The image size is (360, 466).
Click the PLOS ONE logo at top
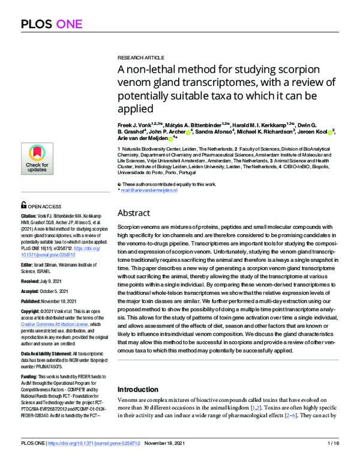point(52,25)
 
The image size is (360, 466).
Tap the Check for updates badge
point(37,159)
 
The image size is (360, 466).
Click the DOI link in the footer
point(103,459)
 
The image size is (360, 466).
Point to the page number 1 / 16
point(333,459)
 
